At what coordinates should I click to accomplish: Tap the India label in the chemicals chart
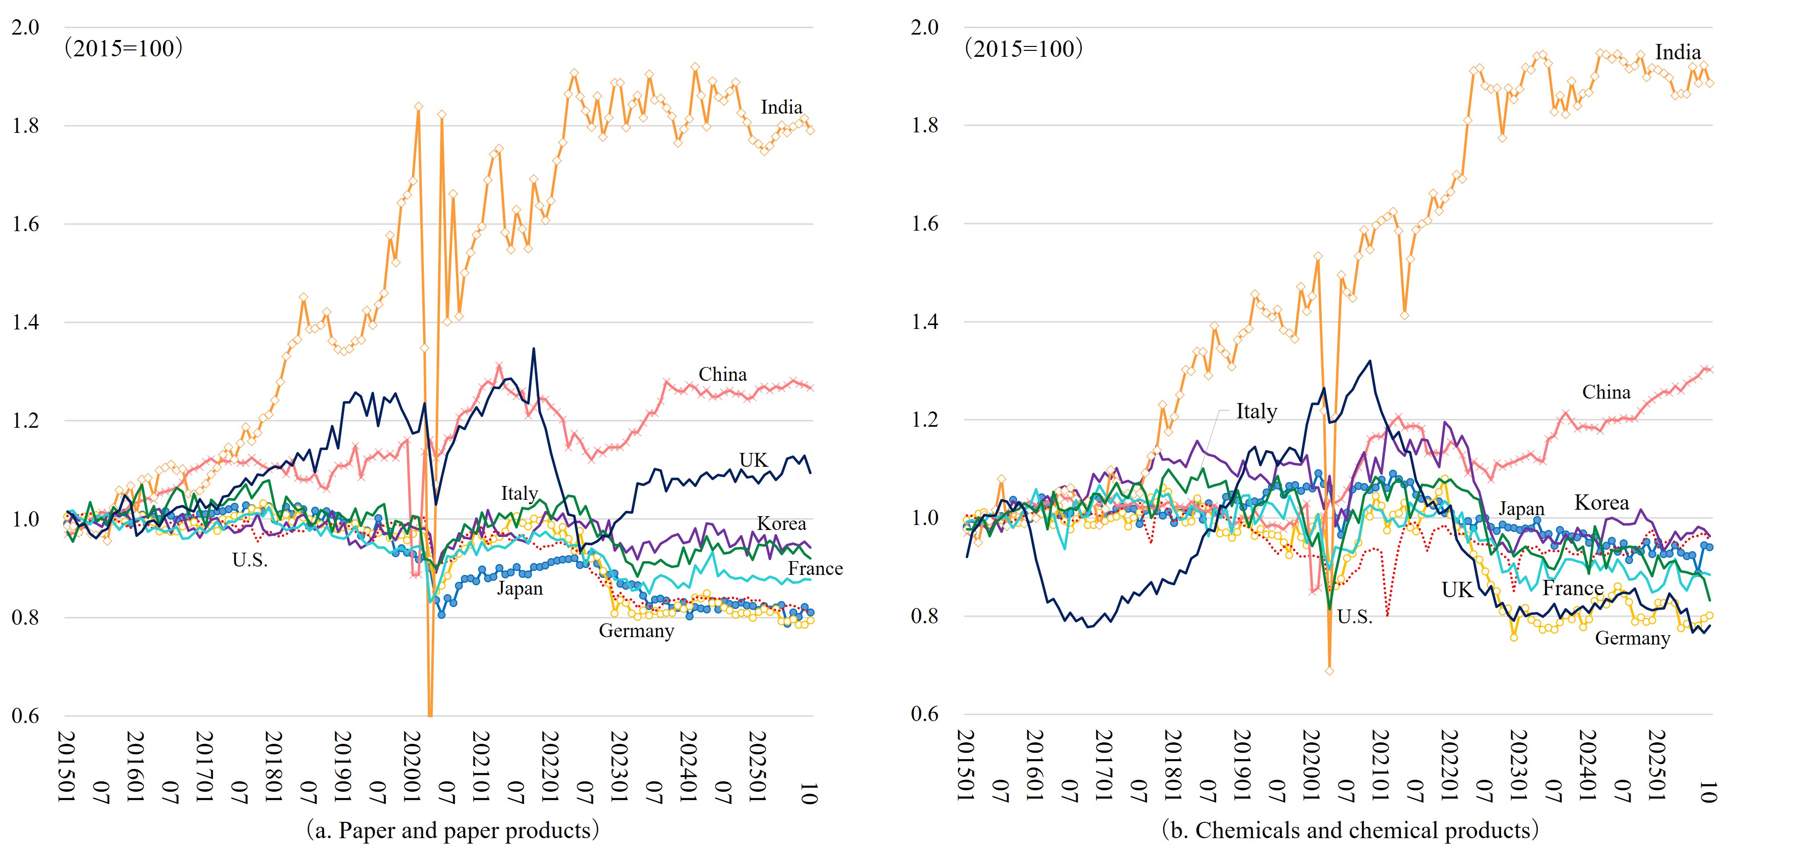tap(1677, 52)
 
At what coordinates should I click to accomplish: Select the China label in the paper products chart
tap(723, 374)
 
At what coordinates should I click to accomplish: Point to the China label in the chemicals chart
tap(1606, 393)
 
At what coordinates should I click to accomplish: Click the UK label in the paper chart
tap(753, 460)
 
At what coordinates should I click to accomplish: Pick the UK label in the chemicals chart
tap(1457, 590)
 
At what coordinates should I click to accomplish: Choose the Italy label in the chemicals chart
tap(1256, 411)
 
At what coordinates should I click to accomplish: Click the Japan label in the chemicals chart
tap(1521, 509)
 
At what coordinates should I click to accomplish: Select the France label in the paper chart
tap(815, 568)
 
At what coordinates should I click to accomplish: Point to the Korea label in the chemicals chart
tap(1601, 503)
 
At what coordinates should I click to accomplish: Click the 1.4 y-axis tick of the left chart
tap(25, 323)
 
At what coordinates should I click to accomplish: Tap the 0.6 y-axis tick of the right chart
tap(925, 714)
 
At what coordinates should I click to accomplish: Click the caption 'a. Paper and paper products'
tap(453, 831)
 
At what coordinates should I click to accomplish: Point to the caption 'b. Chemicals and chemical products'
tap(1350, 831)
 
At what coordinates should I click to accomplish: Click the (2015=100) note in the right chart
tap(1023, 49)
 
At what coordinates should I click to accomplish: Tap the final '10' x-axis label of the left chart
tap(809, 793)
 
